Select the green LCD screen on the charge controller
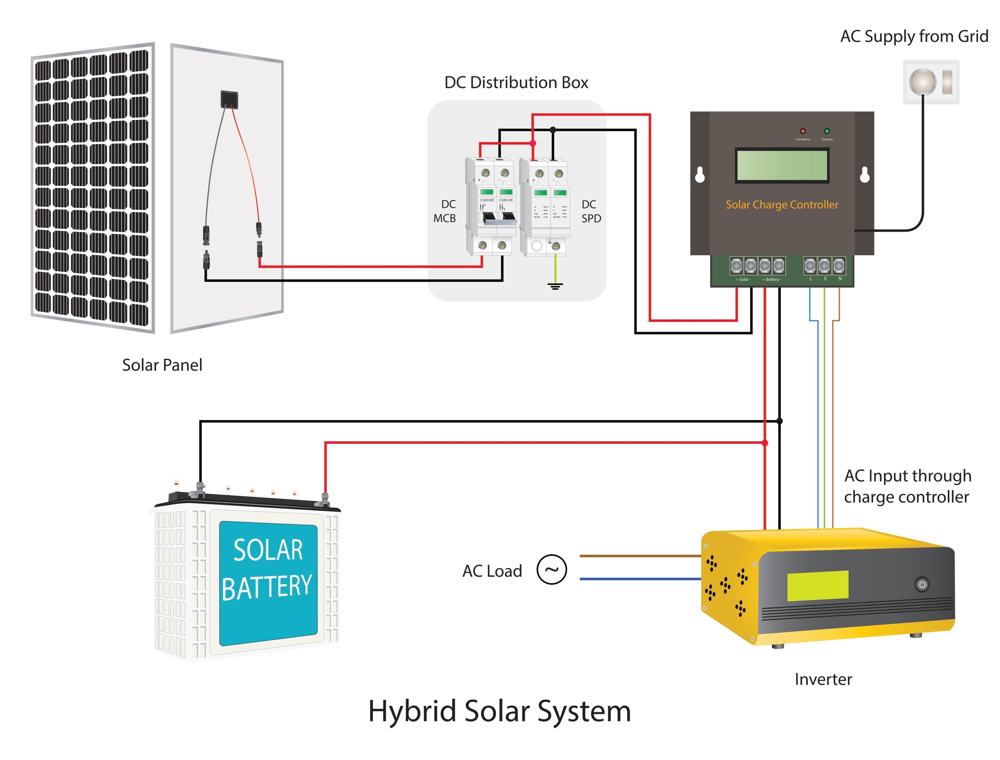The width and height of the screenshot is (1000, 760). [x=781, y=166]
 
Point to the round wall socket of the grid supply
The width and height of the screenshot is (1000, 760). [x=922, y=82]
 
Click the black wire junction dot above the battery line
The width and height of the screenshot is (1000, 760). [x=779, y=421]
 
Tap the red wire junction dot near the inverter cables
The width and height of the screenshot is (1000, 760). [x=765, y=443]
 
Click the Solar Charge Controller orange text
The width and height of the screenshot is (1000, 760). [x=782, y=204]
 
